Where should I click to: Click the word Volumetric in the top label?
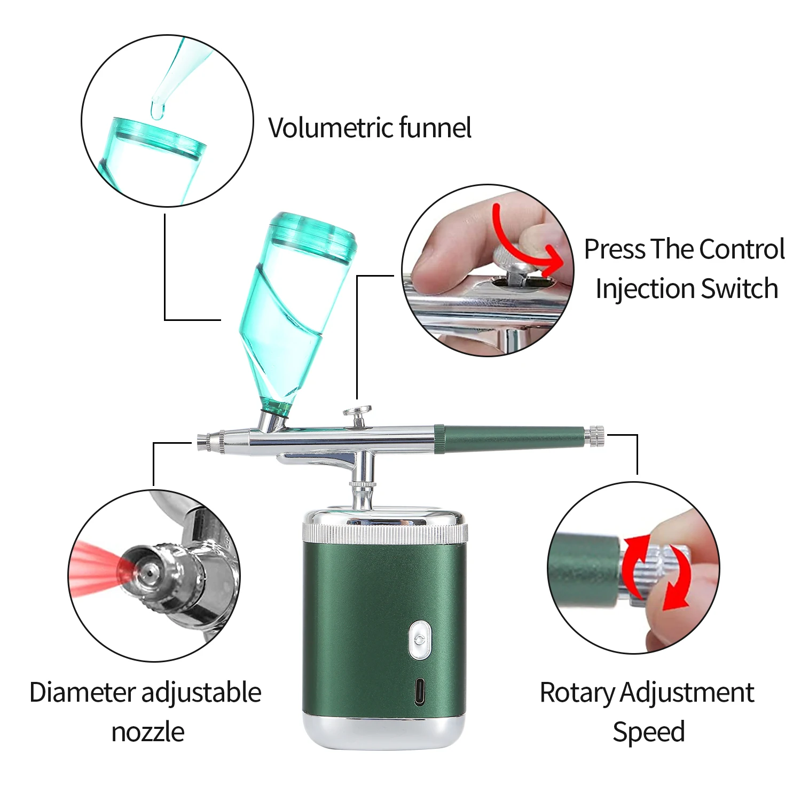click(x=331, y=128)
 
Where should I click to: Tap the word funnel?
click(x=435, y=128)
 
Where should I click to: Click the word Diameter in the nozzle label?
click(x=83, y=693)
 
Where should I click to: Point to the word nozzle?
click(x=148, y=732)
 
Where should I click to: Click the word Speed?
click(x=648, y=732)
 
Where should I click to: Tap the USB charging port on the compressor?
click(x=420, y=692)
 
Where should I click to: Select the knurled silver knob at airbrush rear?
click(x=596, y=436)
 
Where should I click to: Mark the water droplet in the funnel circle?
click(x=157, y=109)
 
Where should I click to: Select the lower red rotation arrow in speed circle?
click(x=676, y=593)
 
